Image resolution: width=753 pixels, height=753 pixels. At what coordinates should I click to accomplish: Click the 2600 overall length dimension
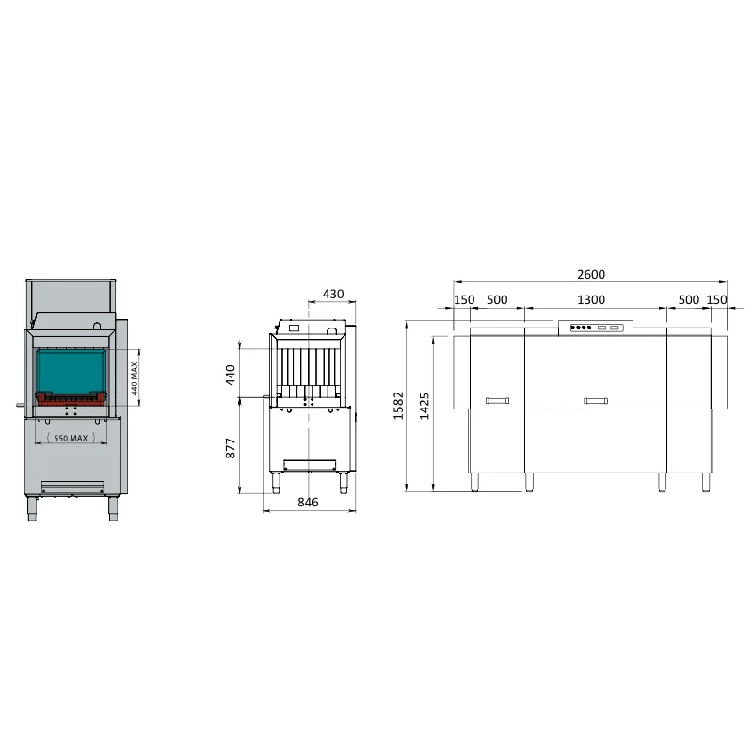coord(591,274)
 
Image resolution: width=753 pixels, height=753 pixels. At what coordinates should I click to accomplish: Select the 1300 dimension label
coord(591,299)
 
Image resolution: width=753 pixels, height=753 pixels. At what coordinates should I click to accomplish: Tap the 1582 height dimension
coord(398,406)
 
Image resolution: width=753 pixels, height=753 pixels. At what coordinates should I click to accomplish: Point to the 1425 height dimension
coord(425,407)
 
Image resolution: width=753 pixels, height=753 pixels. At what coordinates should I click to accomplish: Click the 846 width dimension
coord(308,502)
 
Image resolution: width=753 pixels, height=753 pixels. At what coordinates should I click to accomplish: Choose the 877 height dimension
coord(231,448)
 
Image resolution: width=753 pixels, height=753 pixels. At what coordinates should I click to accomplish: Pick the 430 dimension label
coord(333,294)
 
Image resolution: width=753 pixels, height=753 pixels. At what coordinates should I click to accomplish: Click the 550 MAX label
coord(71,438)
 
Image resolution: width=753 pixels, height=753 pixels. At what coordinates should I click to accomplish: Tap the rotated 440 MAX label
coord(135,378)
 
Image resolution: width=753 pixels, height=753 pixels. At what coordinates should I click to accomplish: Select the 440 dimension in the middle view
coord(231,375)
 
